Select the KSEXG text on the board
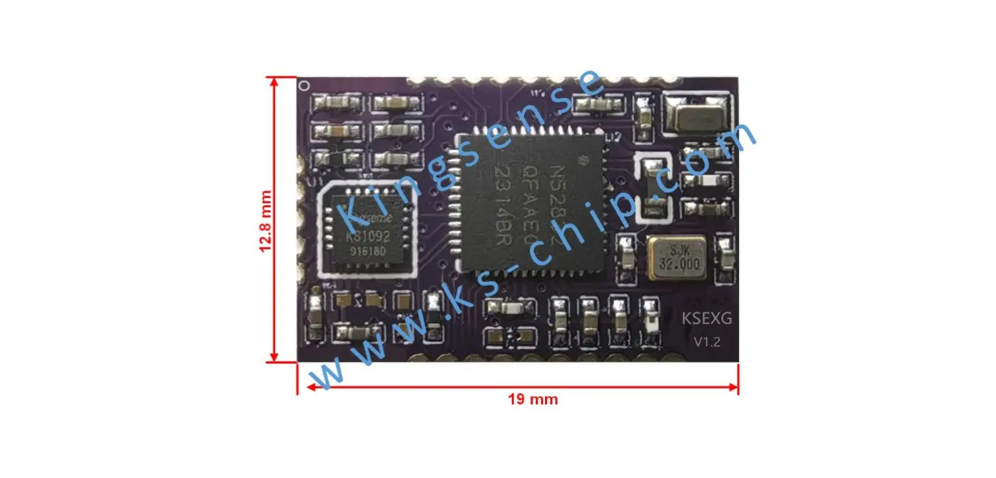707,319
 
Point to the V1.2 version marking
706,342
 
